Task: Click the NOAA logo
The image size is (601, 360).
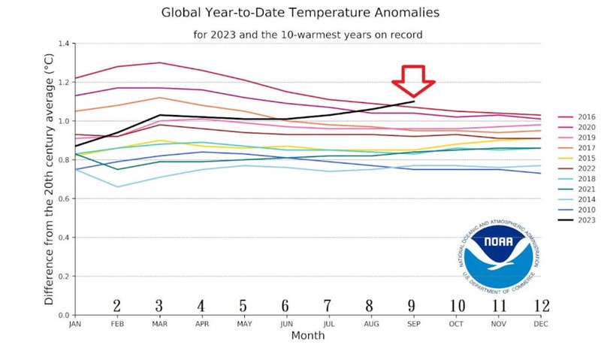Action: click(x=498, y=256)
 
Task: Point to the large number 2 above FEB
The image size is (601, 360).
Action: click(x=117, y=306)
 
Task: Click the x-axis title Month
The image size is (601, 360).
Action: click(x=308, y=335)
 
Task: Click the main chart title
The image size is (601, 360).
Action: click(x=300, y=13)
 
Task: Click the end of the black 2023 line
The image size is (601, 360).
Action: click(x=414, y=101)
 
